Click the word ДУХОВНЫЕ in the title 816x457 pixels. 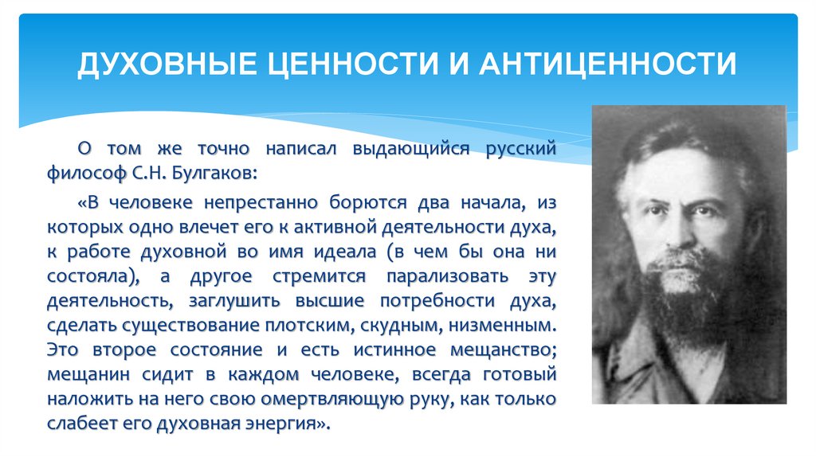[x=163, y=62]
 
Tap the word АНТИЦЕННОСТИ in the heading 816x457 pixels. [x=606, y=62]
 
